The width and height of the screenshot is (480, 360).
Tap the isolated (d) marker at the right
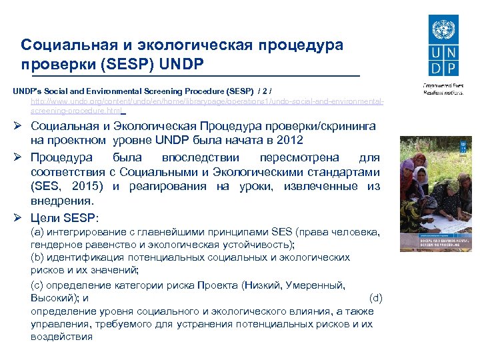(375, 297)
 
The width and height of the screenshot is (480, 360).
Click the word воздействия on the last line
(61, 336)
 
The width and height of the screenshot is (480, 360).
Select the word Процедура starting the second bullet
(61, 158)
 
